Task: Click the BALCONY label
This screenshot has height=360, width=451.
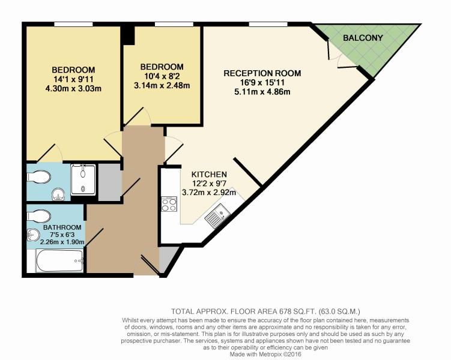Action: click(363, 38)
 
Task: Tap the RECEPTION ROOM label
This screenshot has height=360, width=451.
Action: click(262, 73)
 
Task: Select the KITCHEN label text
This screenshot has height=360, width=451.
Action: click(209, 175)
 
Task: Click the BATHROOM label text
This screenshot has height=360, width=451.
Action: click(62, 227)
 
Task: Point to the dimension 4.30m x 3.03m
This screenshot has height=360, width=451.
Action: click(73, 88)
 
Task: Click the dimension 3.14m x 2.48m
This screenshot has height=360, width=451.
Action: click(162, 85)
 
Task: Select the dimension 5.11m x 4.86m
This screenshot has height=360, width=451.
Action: click(262, 92)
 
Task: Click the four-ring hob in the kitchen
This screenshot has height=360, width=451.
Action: click(169, 204)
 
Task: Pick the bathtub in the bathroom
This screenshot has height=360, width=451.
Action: click(60, 261)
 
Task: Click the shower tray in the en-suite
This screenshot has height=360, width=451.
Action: click(83, 179)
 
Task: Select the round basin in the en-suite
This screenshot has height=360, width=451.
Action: click(58, 194)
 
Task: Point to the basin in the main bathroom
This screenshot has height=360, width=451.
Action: click(33, 235)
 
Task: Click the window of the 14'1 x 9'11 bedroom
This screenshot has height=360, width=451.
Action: click(74, 24)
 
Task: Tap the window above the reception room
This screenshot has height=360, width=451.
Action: click(268, 24)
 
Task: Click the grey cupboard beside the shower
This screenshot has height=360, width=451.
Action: click(109, 182)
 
